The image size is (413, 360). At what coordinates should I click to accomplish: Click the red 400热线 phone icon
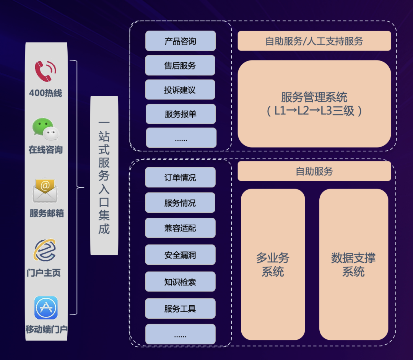click(46, 72)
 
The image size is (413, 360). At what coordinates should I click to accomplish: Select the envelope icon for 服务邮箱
click(45, 190)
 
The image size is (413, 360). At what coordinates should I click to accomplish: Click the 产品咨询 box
click(180, 41)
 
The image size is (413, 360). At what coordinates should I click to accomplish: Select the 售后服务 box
click(180, 65)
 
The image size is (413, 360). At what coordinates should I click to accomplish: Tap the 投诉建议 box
click(180, 90)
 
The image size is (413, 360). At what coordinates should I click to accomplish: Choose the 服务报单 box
click(180, 114)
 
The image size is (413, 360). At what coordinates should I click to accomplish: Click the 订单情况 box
click(180, 178)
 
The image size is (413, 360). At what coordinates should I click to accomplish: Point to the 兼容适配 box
click(180, 228)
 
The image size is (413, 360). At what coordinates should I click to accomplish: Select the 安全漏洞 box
click(180, 255)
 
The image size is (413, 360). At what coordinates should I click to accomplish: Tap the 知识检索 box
click(180, 282)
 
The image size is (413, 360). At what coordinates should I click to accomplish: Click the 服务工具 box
click(180, 308)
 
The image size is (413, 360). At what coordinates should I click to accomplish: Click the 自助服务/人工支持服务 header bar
click(314, 41)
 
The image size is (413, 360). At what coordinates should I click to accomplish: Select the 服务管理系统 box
click(314, 104)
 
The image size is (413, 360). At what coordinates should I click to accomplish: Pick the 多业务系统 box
click(273, 264)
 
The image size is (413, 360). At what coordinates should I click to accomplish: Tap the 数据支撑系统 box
click(353, 264)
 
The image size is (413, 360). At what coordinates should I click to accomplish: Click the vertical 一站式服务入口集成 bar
click(104, 176)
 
